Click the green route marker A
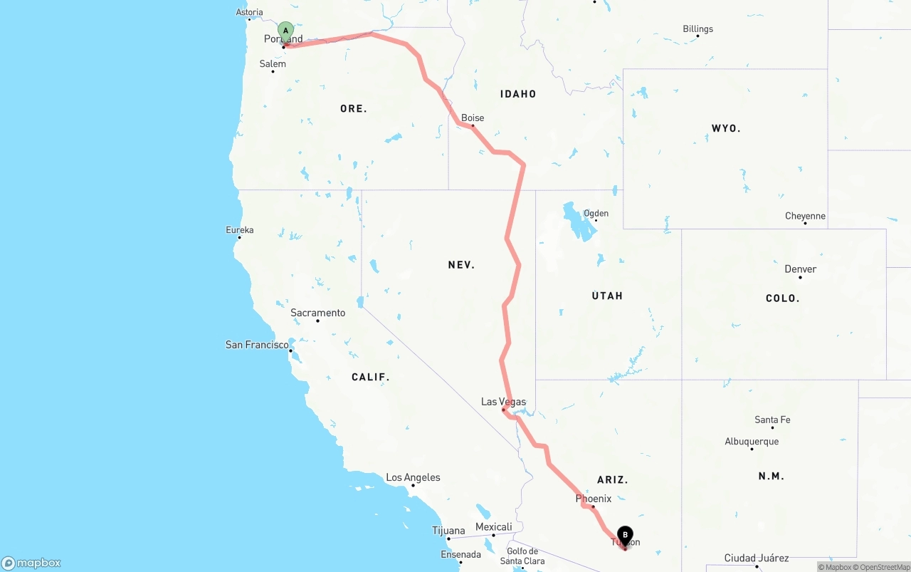[x=285, y=31]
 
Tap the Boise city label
[x=473, y=118]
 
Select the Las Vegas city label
[x=503, y=402]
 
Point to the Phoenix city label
[x=594, y=499]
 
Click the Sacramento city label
[x=317, y=313]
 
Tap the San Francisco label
[x=257, y=345]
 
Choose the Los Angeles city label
[x=413, y=477]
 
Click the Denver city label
[x=800, y=269]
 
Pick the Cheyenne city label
[x=805, y=216]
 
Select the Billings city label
[x=697, y=29]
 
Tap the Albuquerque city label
[x=752, y=441]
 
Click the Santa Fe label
[x=772, y=420]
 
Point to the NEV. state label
[x=461, y=265]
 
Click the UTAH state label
[x=607, y=296]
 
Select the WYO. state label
[x=726, y=129]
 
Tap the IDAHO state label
[x=518, y=94]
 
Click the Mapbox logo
[x=31, y=563]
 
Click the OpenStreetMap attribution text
[x=883, y=567]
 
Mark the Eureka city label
[x=240, y=230]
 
